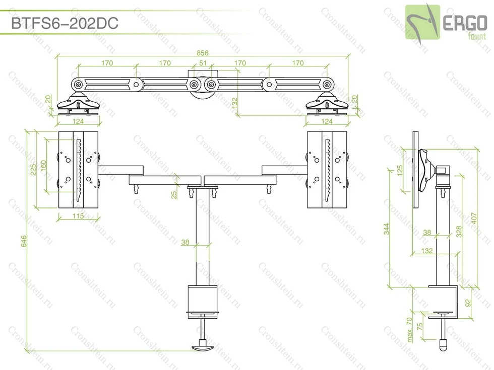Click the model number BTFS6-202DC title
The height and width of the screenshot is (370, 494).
[x=65, y=23]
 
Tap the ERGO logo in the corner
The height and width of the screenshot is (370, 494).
[x=446, y=23]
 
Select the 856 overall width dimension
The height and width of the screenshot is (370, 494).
[x=203, y=53]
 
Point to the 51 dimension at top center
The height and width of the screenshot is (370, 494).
[x=203, y=63]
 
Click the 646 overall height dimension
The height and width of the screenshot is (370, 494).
[x=24, y=241]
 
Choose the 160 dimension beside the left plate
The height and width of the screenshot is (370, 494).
[x=43, y=166]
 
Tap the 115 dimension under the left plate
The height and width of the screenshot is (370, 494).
[x=78, y=216]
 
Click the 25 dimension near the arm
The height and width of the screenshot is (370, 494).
[x=174, y=195]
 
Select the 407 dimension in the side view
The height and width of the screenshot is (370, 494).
[x=474, y=218]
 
